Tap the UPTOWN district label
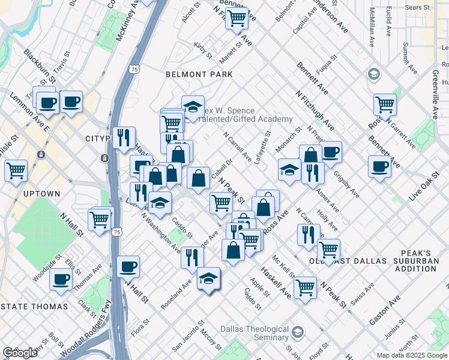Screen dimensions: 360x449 [x=41, y=194]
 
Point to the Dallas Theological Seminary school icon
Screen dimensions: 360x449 [x=297, y=332]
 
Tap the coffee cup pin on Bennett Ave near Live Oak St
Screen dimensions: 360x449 [x=379, y=166]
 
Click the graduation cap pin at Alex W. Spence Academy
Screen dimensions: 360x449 [x=193, y=107]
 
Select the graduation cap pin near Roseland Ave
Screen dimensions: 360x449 [x=208, y=278]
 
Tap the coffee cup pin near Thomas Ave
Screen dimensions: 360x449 [x=60, y=278]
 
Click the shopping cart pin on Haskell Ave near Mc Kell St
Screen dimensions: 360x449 [x=305, y=288]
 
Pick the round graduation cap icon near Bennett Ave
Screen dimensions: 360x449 [x=373, y=74]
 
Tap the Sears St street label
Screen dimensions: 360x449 [x=417, y=8]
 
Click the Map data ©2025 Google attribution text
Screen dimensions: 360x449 [x=411, y=355]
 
